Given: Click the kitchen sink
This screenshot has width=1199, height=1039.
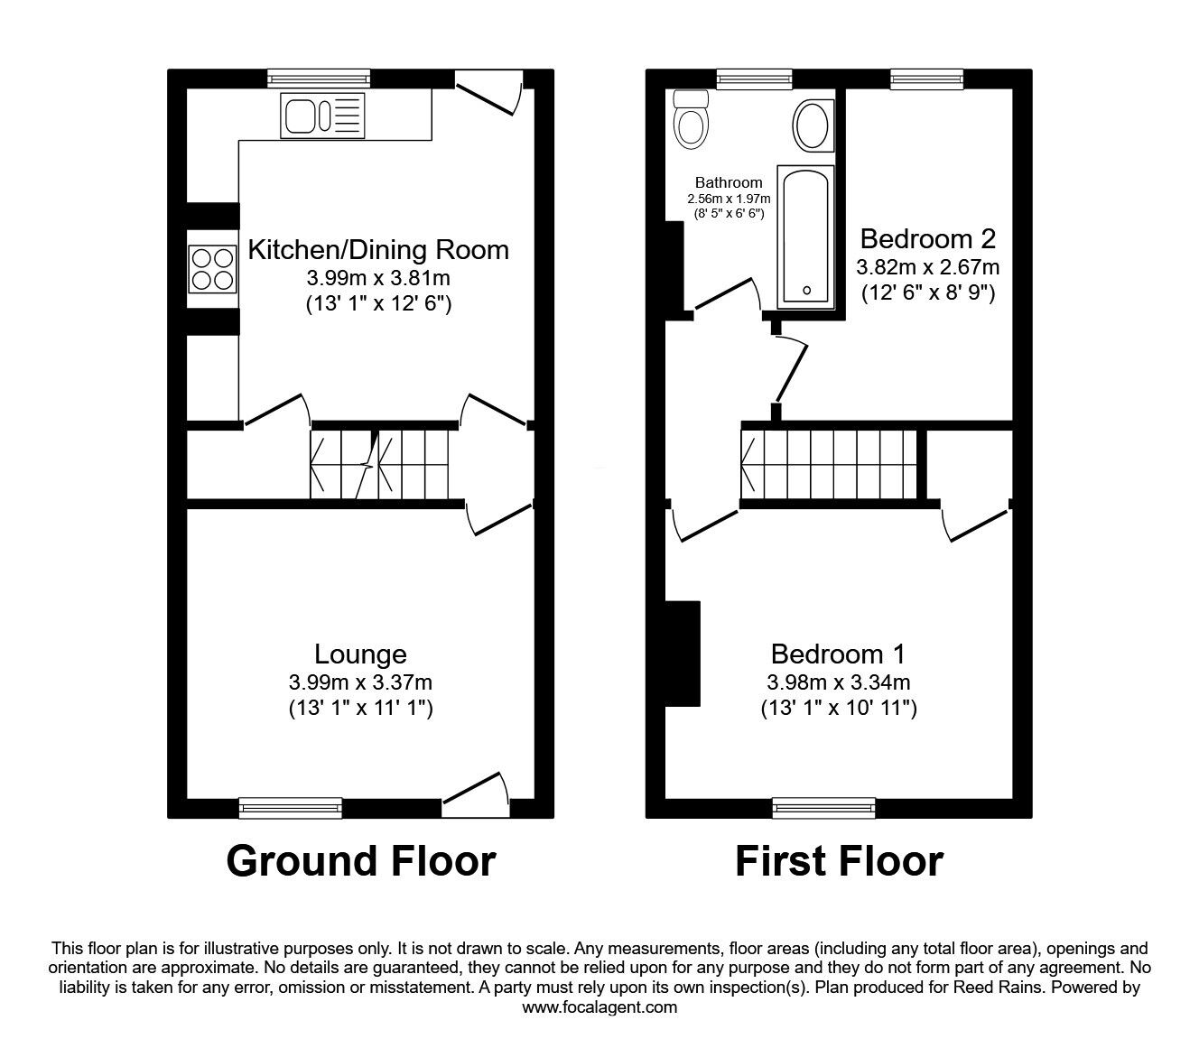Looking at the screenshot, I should click(x=323, y=116).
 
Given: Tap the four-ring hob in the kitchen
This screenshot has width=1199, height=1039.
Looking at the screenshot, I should click(x=211, y=268).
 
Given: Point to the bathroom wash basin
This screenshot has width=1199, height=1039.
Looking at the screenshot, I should click(x=813, y=125).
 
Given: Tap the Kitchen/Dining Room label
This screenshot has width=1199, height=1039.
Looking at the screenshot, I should click(x=378, y=249).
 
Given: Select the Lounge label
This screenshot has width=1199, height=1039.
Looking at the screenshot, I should click(x=360, y=654).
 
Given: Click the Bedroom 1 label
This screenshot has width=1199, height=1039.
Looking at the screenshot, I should click(x=838, y=654).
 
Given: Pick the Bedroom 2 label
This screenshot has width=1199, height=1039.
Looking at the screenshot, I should click(x=927, y=239).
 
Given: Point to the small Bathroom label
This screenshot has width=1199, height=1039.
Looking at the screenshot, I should click(x=729, y=182).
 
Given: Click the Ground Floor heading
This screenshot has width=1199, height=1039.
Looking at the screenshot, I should click(x=360, y=861).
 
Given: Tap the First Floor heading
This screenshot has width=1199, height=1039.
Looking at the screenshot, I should click(x=839, y=861).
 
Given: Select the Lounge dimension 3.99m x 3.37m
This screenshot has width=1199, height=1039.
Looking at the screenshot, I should click(x=360, y=682).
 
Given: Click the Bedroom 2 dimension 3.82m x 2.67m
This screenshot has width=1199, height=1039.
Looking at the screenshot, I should click(x=927, y=267).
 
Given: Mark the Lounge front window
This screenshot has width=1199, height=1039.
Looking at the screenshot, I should click(x=291, y=807).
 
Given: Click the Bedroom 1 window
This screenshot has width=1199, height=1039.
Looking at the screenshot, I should click(x=823, y=807).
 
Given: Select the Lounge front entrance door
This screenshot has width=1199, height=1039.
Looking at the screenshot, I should click(x=475, y=794).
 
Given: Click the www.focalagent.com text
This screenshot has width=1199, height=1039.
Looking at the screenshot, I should click(x=599, y=1007).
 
